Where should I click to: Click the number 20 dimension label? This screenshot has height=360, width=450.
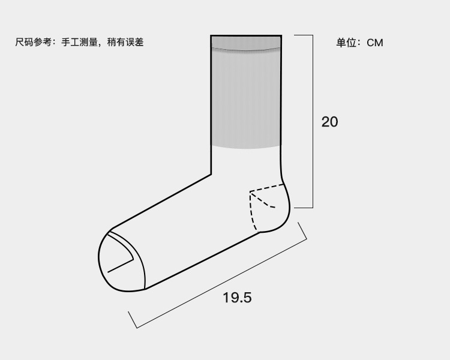tap(329, 122)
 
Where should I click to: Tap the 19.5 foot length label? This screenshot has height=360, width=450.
tap(237, 297)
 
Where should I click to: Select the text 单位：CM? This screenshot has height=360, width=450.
tap(359, 43)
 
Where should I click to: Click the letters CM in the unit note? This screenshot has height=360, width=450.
tap(375, 43)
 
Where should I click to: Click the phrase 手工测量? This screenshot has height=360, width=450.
tap(79, 42)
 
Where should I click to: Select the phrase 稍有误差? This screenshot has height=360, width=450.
tap(125, 42)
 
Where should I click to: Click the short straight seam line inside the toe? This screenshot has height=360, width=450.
tap(120, 266)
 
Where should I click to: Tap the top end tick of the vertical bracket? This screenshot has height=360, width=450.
tap(303, 35)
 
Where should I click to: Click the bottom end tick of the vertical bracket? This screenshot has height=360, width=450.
tap(303, 208)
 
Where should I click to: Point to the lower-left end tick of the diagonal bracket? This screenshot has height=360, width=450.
tap(133, 320)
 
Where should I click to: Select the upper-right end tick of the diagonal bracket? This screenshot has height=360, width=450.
tap(302, 231)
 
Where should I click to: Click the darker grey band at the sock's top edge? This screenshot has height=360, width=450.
tap(246, 42)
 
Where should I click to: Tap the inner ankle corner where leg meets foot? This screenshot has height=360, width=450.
tap(211, 174)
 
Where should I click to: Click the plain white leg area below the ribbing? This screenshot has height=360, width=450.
tap(246, 162)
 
